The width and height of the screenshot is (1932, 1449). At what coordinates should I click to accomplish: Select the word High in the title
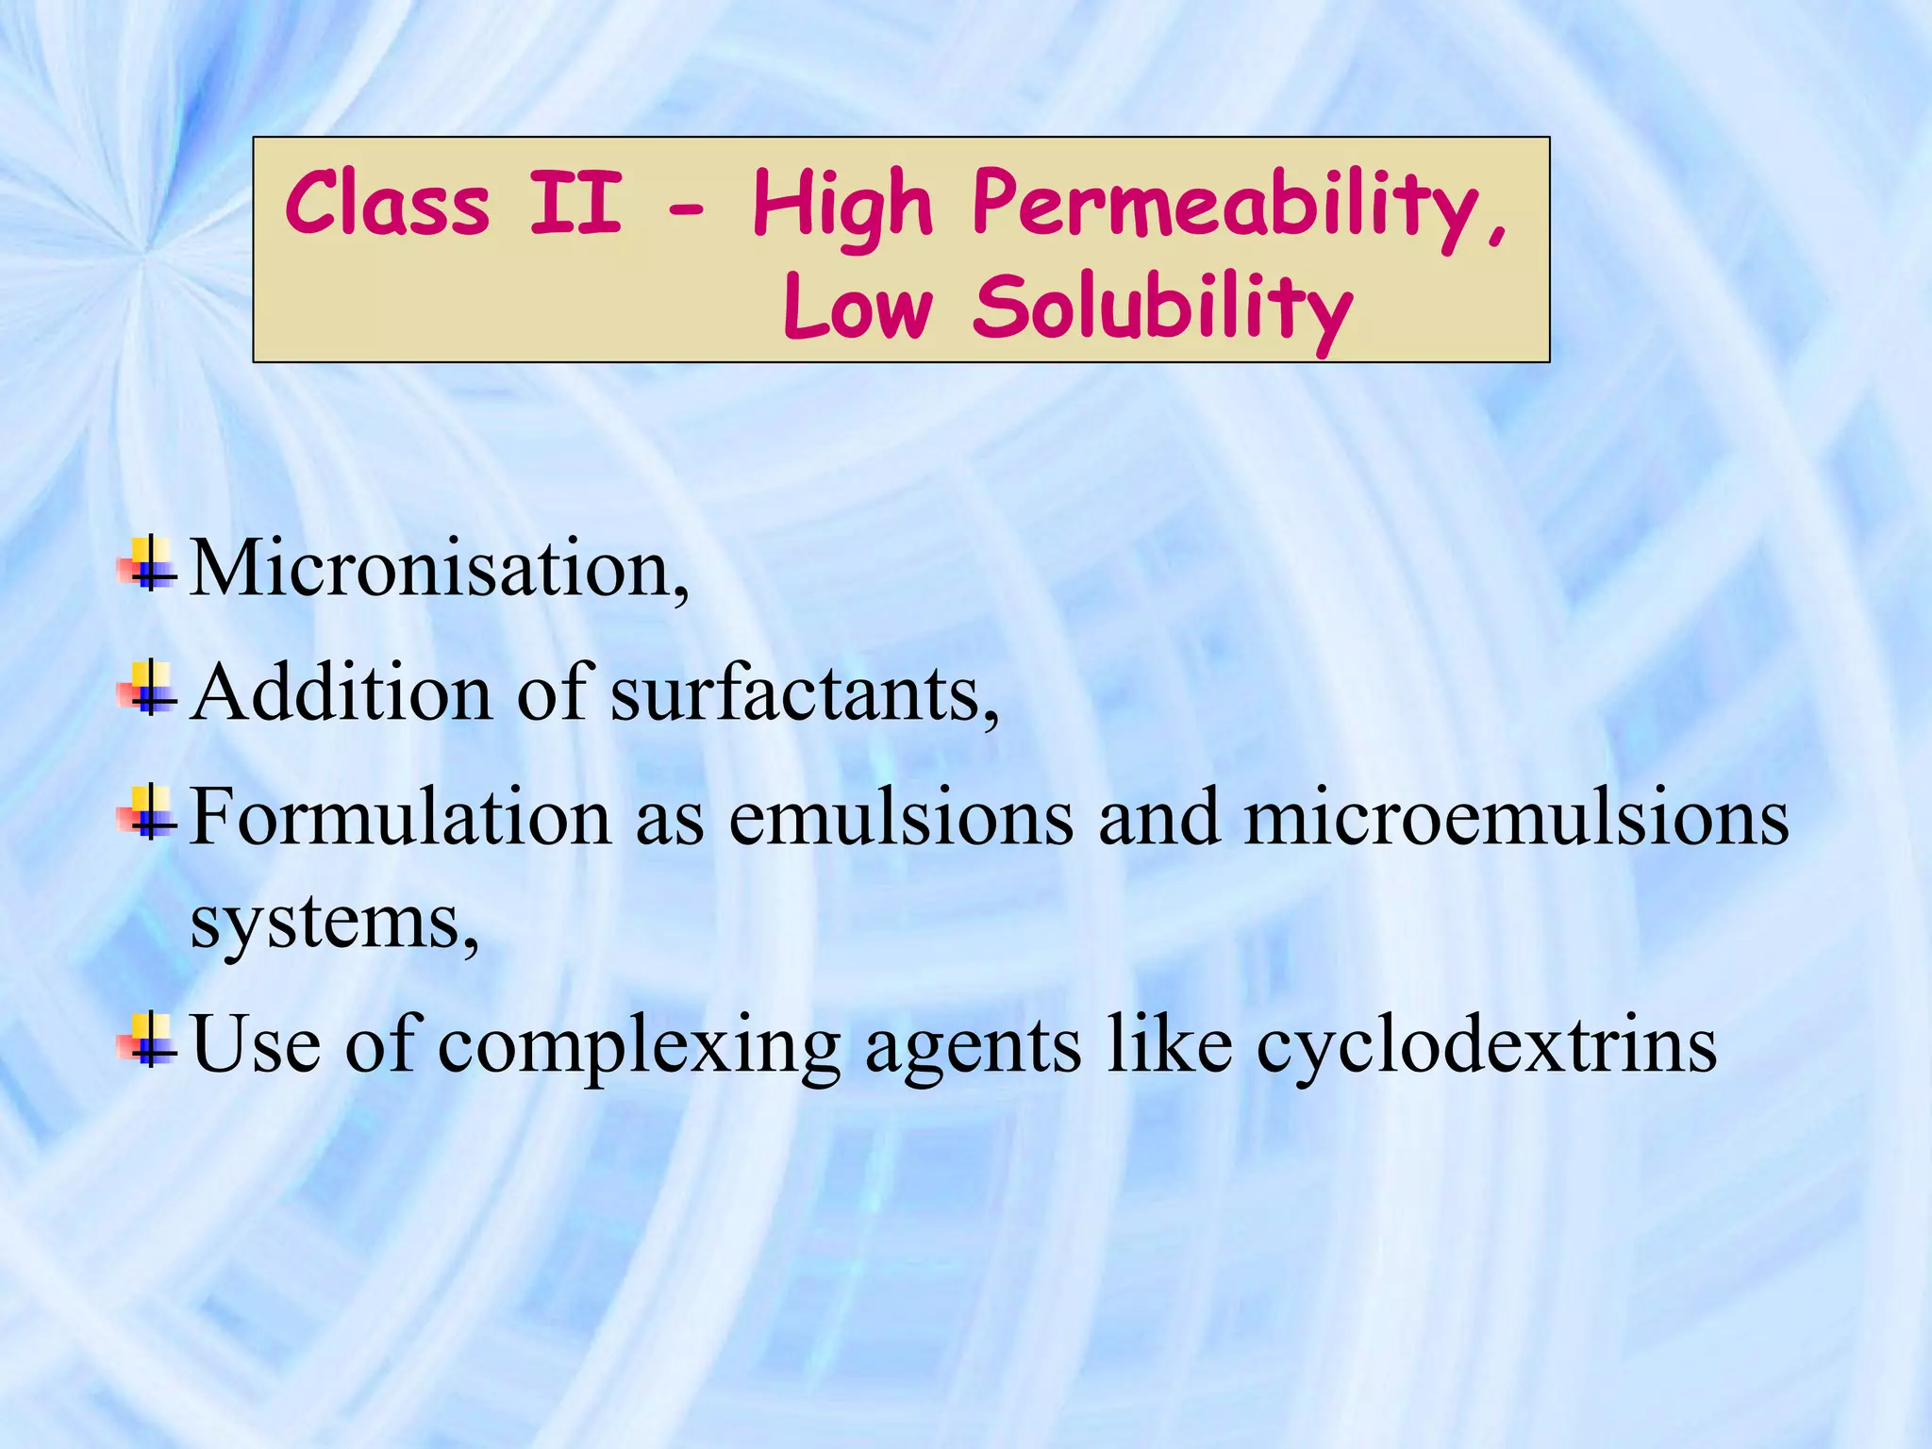click(x=842, y=206)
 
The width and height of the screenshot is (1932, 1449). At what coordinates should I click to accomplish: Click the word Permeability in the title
click(x=1238, y=206)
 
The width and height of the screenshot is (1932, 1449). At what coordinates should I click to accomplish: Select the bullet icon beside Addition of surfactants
click(x=148, y=689)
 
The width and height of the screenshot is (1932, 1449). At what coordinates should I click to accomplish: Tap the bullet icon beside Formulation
click(x=148, y=812)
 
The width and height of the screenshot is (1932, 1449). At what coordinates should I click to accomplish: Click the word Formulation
click(x=401, y=817)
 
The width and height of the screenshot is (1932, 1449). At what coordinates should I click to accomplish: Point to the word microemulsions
click(x=1516, y=817)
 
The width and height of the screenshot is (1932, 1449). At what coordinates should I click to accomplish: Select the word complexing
click(x=639, y=1047)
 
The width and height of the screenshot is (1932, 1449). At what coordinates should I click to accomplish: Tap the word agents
click(x=973, y=1047)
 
